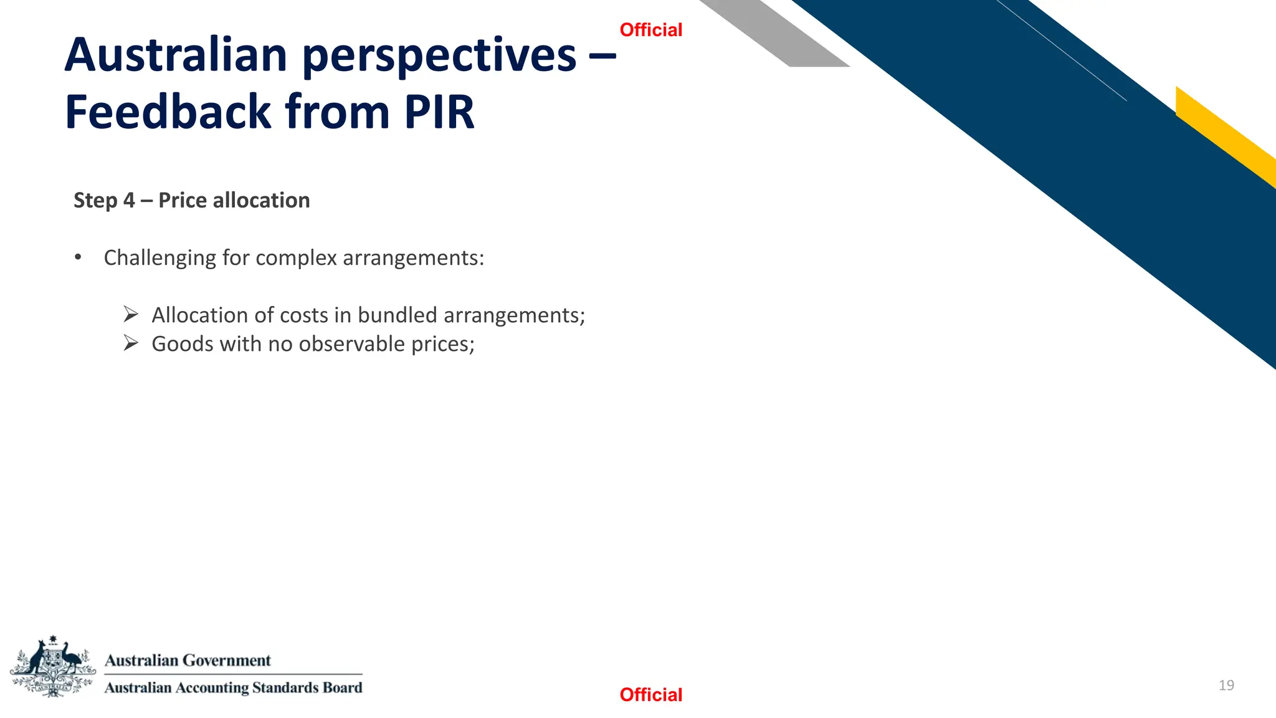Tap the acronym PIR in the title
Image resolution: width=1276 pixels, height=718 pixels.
(x=439, y=112)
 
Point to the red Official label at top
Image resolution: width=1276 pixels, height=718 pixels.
(x=650, y=30)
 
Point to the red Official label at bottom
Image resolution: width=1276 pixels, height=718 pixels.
(x=650, y=694)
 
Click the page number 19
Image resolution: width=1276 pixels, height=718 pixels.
(x=1226, y=685)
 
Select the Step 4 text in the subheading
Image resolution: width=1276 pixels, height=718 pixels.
(x=104, y=201)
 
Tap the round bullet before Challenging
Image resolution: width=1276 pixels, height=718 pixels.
(x=78, y=257)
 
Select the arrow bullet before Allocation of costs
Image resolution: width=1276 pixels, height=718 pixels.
(x=130, y=315)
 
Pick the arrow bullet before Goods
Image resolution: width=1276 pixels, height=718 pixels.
(x=130, y=343)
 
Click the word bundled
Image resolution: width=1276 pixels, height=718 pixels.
(x=398, y=315)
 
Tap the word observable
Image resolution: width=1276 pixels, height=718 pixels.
(x=352, y=343)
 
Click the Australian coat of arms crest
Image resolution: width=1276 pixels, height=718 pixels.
(x=53, y=666)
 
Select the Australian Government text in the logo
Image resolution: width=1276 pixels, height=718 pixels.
(x=188, y=660)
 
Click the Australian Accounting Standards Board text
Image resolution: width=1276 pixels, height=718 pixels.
(x=233, y=687)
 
